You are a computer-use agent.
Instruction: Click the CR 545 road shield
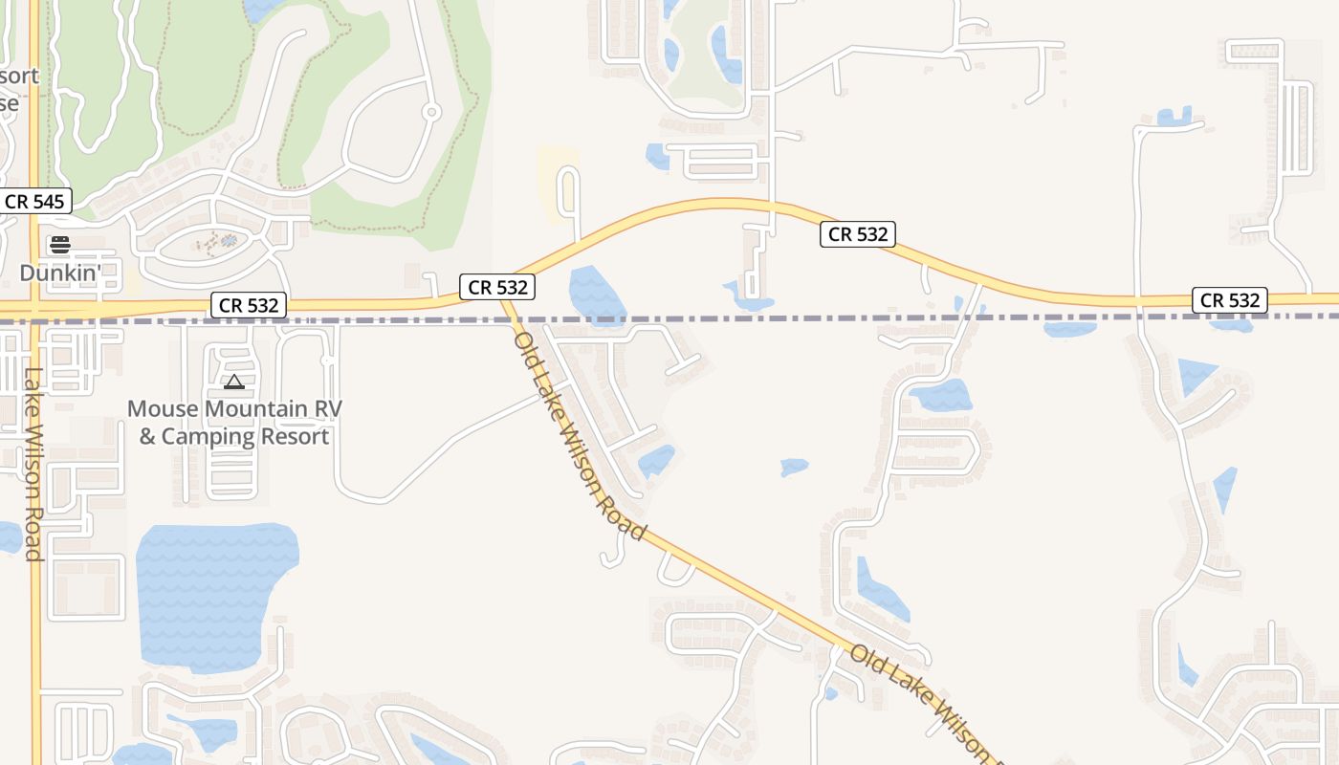(x=34, y=202)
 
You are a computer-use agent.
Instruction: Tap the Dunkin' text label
(x=60, y=273)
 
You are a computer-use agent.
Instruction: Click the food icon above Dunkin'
(x=60, y=246)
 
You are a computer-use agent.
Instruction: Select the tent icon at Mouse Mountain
(x=234, y=382)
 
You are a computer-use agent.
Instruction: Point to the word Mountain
(x=253, y=409)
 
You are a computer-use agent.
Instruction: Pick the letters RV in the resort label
(x=327, y=409)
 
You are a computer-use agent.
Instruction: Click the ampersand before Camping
(x=147, y=437)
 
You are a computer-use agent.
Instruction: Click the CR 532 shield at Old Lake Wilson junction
(x=495, y=286)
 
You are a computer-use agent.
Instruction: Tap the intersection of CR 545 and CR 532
(x=35, y=309)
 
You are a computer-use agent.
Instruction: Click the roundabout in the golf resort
(x=431, y=113)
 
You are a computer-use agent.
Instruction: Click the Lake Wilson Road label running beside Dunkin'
(x=34, y=464)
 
